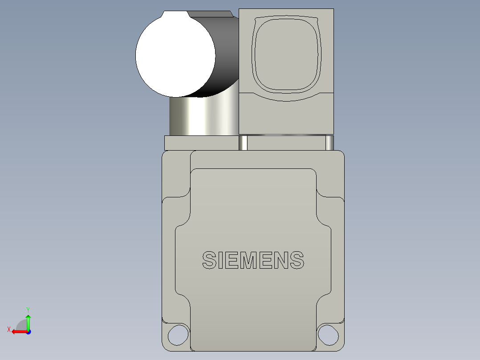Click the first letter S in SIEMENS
click(x=209, y=261)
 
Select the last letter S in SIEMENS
click(x=296, y=261)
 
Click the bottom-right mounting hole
click(x=328, y=334)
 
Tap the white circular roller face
click(x=175, y=56)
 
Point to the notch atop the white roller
click(x=176, y=14)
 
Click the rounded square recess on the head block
click(x=286, y=53)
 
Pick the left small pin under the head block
click(x=244, y=143)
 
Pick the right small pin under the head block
click(x=329, y=143)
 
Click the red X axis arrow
click(x=18, y=331)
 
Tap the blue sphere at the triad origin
click(x=28, y=331)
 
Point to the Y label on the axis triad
click(x=28, y=309)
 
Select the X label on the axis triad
click(x=8, y=329)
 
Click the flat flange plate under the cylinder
click(x=200, y=143)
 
